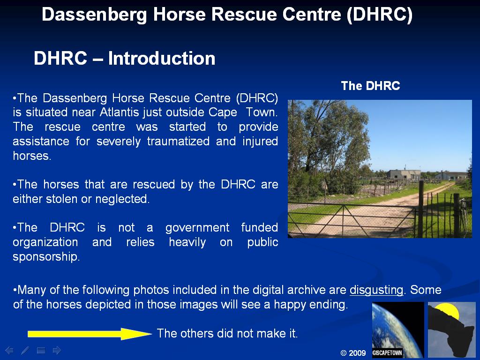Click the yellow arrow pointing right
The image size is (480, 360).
[x=90, y=334]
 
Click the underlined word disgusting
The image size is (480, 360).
[x=376, y=290]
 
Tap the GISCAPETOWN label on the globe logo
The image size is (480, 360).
[x=387, y=352]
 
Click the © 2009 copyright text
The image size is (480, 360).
[x=353, y=353]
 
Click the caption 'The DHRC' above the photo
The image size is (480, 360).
[x=370, y=86]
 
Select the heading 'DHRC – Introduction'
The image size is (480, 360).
[x=124, y=58]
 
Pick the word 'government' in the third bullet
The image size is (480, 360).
[x=197, y=228]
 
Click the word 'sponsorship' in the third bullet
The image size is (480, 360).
[x=46, y=257]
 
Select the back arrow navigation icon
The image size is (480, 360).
[x=9, y=350]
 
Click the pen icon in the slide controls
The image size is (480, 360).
[x=25, y=350]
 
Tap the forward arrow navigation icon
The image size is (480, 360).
[x=57, y=350]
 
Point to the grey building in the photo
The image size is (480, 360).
[x=404, y=174]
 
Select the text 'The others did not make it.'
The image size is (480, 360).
[x=227, y=333]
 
